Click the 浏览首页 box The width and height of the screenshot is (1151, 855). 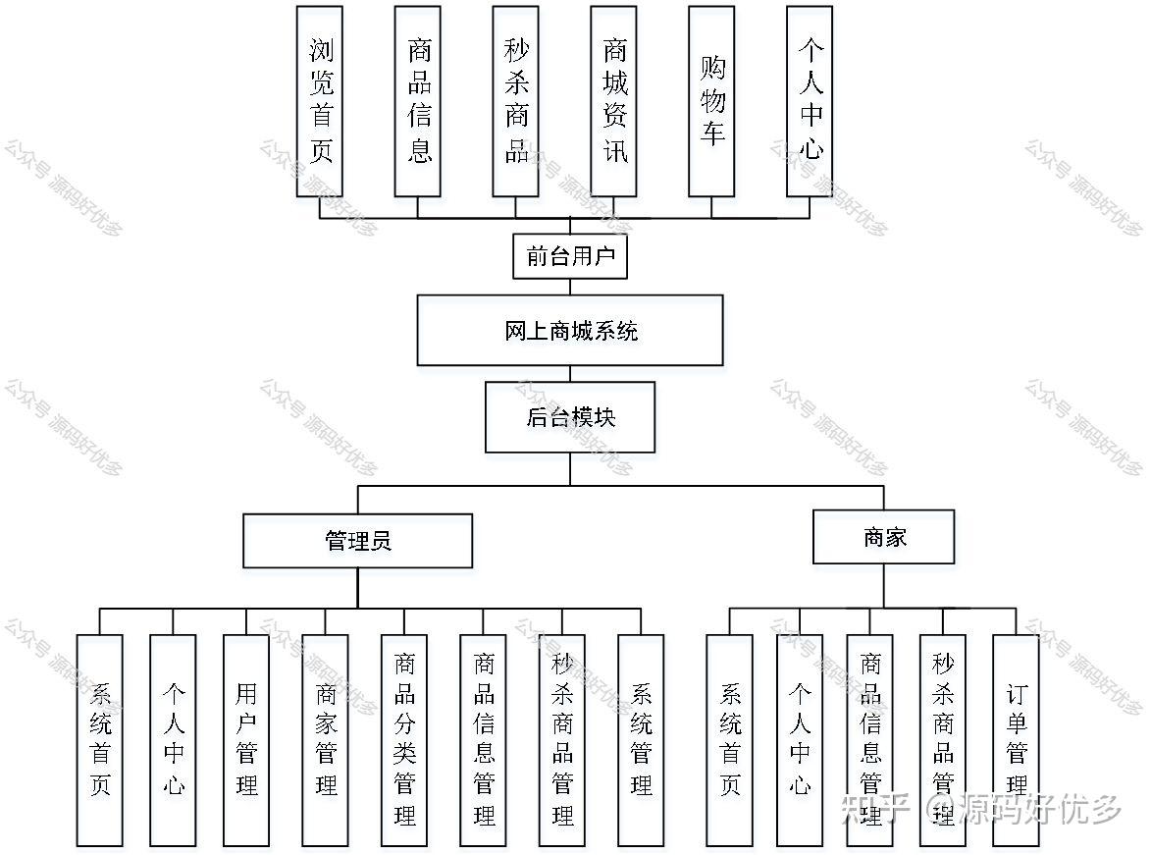coord(320,101)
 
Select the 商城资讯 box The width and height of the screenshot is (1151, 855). coord(613,101)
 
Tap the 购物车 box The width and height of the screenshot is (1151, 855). coord(711,101)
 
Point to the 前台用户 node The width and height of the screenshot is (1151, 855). coord(570,256)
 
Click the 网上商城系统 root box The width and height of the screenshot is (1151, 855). coord(570,331)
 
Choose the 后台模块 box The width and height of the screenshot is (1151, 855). coord(570,417)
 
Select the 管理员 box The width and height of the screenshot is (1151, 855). coord(358,541)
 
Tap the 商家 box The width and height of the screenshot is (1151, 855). coord(883,537)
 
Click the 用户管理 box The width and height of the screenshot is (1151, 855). coord(246,740)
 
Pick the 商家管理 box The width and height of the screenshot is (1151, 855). coord(326,740)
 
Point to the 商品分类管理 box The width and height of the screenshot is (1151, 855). coord(404,740)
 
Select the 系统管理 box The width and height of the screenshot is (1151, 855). coord(641,740)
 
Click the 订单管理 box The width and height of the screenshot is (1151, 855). coord(1016,740)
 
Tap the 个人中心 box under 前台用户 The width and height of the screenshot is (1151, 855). coord(810,101)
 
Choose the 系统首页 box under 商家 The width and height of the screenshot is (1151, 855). coord(730,740)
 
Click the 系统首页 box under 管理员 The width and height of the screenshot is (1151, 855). coord(100,740)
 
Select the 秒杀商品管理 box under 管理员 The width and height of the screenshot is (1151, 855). coord(562,740)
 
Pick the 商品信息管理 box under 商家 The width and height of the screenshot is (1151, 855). coord(870,740)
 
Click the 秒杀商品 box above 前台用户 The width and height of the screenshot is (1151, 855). coord(516,101)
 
